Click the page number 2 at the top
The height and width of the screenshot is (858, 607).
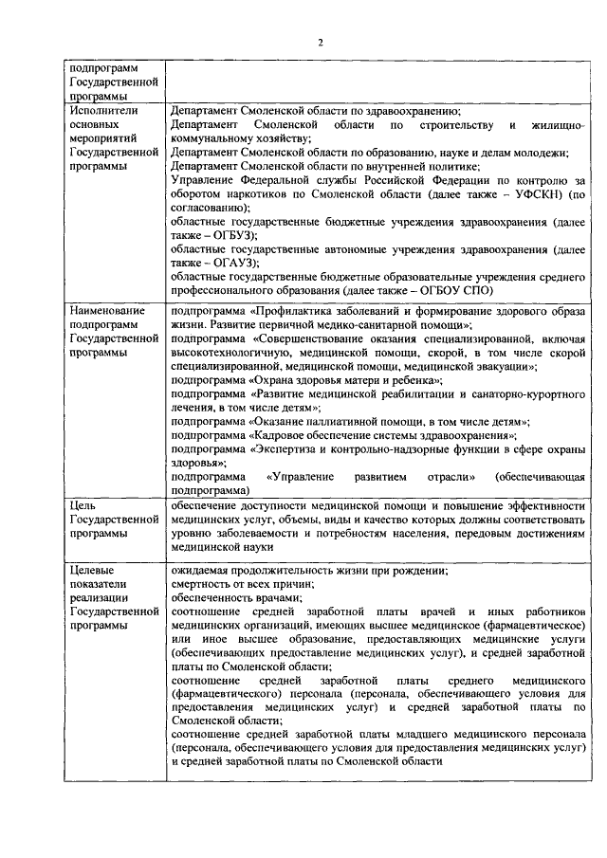point(321,42)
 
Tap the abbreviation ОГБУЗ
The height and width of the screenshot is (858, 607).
point(225,233)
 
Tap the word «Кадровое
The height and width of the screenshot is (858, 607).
point(283,434)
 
